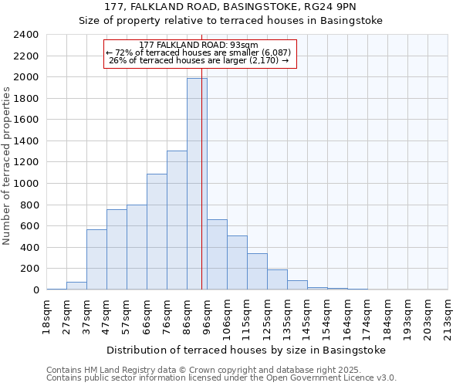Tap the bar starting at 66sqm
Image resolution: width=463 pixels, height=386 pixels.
point(157,232)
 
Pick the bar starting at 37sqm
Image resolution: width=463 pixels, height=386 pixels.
point(96,259)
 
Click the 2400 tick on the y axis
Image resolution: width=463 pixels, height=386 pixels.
point(26,35)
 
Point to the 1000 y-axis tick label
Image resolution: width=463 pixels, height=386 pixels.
point(26,184)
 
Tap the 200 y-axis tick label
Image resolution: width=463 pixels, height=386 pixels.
point(29,269)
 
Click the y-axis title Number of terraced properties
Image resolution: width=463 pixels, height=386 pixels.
point(7,165)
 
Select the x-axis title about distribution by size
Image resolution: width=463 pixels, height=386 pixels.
point(245,350)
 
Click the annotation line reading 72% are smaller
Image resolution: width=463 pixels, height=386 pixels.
point(199,52)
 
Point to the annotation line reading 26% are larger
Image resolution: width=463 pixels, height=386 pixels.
point(199,60)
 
